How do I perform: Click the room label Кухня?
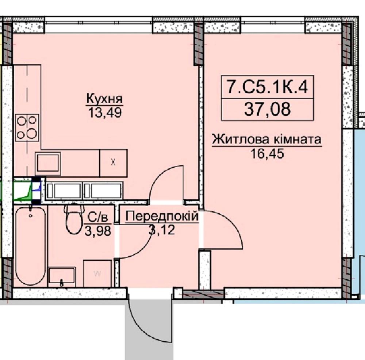coord(104,99)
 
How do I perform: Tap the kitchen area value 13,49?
coord(105,113)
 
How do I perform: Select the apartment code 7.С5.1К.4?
coord(268,87)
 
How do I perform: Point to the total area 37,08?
coord(268,109)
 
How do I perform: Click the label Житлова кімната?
coord(267,139)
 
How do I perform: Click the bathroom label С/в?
coord(98,218)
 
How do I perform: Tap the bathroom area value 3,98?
coord(98,231)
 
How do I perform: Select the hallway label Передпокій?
coord(162,216)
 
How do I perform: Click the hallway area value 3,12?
coord(162,230)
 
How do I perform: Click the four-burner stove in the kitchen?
coord(27,128)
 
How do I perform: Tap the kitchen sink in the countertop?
coord(48,164)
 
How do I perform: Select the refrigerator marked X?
coord(114,163)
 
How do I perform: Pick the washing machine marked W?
coord(97,273)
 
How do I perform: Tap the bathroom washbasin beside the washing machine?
coord(62,277)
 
